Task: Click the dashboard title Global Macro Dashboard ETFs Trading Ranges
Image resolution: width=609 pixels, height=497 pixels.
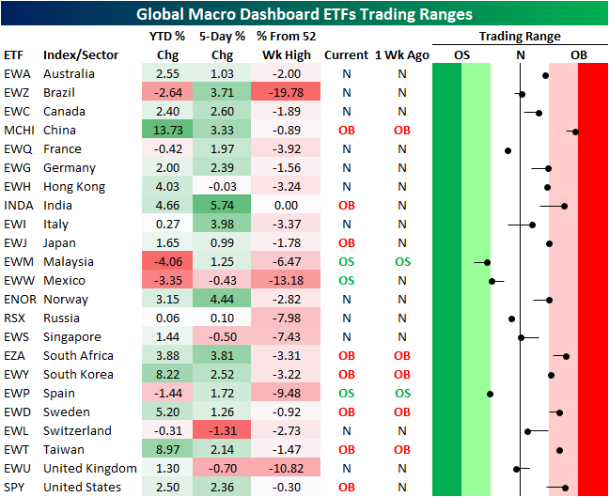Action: tap(304, 14)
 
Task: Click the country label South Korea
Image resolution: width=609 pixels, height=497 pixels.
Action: tap(78, 374)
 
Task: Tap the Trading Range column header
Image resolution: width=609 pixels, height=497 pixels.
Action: tap(520, 37)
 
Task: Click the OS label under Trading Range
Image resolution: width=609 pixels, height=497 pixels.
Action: tap(461, 54)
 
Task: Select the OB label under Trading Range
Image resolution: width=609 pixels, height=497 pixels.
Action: tap(579, 54)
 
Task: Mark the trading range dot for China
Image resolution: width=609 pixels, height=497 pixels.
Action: tap(575, 131)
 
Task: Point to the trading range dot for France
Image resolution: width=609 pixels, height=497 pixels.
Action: tap(507, 149)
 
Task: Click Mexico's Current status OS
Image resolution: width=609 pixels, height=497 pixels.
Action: tap(346, 280)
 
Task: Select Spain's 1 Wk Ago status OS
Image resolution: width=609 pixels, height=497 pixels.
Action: tap(402, 393)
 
